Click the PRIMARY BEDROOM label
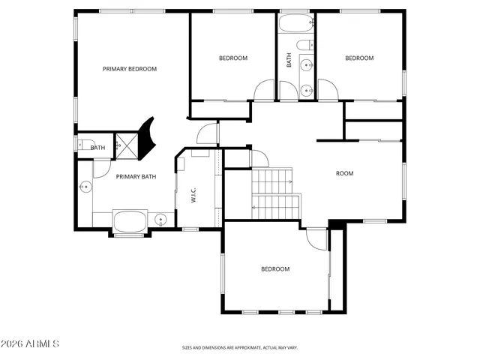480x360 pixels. click(130, 69)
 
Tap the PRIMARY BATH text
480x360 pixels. click(136, 177)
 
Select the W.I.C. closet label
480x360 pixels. click(193, 195)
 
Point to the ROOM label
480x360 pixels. click(344, 173)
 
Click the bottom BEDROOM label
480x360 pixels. click(275, 269)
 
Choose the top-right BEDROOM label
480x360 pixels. click(358, 58)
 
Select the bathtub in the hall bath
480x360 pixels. click(295, 25)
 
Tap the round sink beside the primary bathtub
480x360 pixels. click(160, 220)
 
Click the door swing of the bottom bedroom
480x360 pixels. click(316, 238)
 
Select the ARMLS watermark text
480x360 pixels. click(31, 344)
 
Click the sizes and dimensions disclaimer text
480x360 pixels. click(240, 348)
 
